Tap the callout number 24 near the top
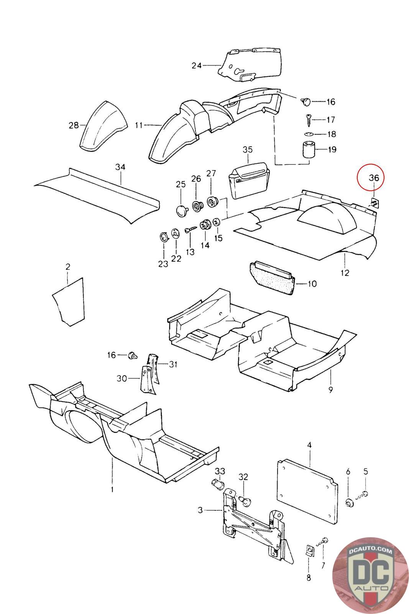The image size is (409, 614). (x=197, y=66)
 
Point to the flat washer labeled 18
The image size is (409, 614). (x=309, y=134)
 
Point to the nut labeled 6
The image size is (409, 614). (x=349, y=503)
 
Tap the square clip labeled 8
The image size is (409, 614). (x=309, y=551)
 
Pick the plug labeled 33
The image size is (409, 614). (x=218, y=484)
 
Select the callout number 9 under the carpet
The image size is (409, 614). (x=330, y=390)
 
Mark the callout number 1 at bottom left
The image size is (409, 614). (x=112, y=489)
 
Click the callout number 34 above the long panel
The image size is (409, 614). (x=120, y=167)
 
